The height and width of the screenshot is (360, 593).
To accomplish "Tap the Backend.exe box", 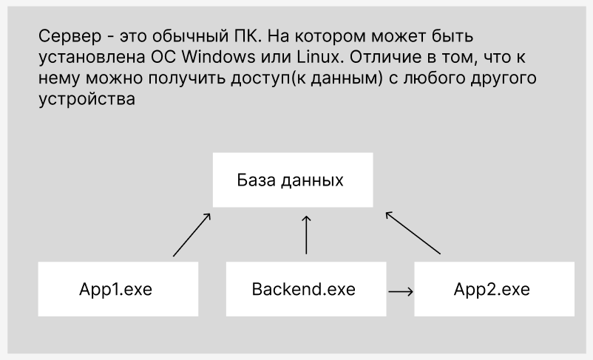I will coord(303,288).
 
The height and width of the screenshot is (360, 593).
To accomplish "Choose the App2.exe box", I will coord(492,288).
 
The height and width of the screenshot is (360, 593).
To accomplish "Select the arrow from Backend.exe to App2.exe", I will coord(401,291).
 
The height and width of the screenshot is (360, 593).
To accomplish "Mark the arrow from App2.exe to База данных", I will coord(413,233).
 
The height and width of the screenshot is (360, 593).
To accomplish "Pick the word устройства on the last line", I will coord(85,100).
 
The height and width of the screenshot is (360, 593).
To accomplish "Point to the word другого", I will coord(506,78).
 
